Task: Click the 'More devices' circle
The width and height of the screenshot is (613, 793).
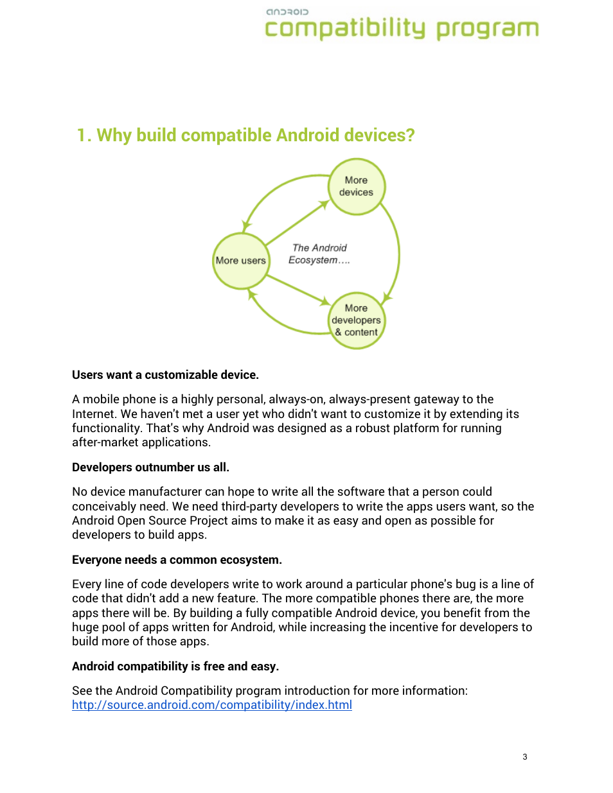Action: pos(357,186)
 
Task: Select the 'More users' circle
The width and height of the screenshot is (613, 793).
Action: pos(241,261)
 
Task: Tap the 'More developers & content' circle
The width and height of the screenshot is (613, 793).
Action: pos(357,320)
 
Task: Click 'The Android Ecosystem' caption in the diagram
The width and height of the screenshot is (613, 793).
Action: pos(319,254)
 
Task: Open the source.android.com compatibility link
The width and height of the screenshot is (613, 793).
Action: pos(212,705)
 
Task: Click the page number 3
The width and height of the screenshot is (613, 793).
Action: pos(525,757)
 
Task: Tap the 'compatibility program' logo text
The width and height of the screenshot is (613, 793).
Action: pos(402,29)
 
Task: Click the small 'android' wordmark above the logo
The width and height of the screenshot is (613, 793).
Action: pos(287,12)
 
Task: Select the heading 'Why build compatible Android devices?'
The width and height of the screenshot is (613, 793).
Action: pos(256,135)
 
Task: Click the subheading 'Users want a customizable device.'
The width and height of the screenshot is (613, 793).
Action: pos(165,375)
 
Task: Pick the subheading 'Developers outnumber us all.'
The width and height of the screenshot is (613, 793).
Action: pos(150,467)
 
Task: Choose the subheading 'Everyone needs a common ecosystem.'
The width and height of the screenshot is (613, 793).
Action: pos(177,560)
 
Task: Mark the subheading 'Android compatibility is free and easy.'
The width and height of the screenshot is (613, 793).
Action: pos(175,667)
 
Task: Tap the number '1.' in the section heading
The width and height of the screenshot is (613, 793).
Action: pos(84,135)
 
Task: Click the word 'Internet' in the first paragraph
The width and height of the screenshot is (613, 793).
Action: pos(93,414)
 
